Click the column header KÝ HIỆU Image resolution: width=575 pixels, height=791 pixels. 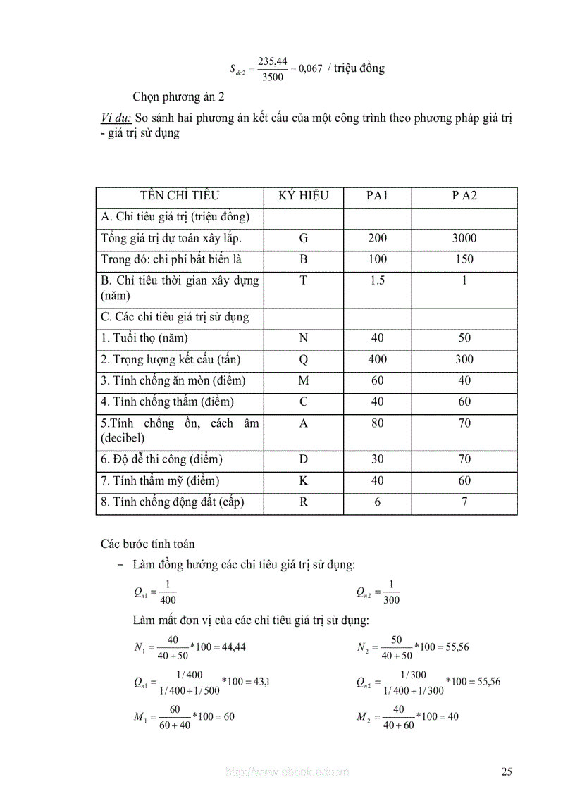303,196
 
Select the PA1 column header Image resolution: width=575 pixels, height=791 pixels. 377,196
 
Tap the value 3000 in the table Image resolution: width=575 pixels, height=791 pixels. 464,238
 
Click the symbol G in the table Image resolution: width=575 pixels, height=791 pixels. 303,238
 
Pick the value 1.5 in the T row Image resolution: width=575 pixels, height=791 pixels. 377,280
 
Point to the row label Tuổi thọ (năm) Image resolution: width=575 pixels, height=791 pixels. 144,338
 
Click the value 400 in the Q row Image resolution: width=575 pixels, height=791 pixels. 377,360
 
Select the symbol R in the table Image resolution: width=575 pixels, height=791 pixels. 303,503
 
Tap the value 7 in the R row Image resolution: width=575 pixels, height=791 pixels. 464,503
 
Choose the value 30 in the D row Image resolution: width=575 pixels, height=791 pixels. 377,460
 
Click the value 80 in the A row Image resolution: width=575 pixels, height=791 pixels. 377,424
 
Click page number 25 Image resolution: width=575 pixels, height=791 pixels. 507,772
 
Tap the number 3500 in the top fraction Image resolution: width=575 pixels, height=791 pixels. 272,77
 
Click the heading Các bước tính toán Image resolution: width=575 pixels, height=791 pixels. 147,544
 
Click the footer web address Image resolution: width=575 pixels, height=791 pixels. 286,773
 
